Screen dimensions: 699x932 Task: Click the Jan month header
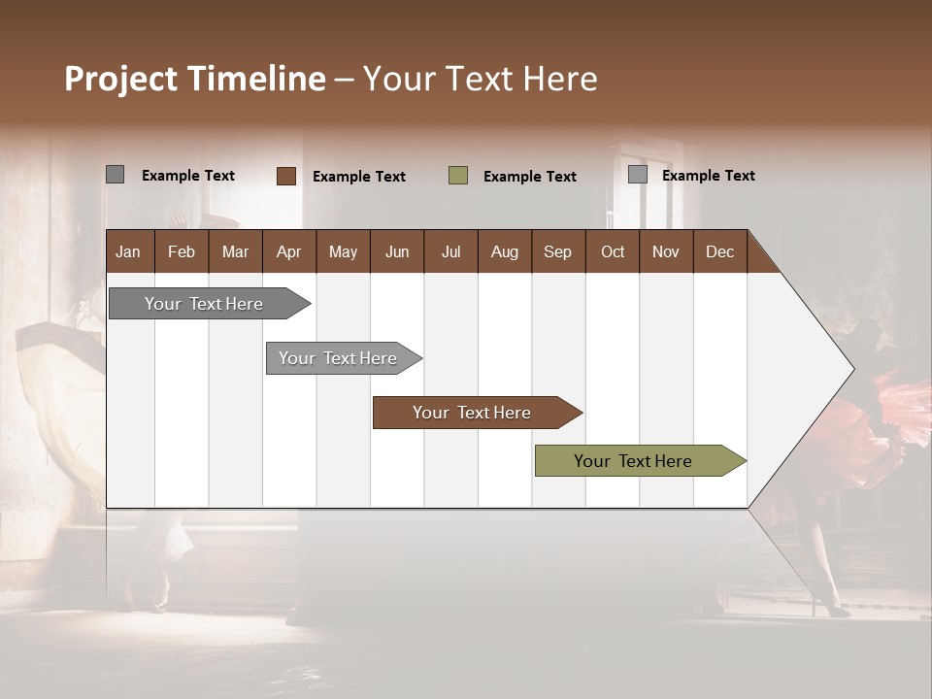(x=128, y=252)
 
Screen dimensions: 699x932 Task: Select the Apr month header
(x=288, y=252)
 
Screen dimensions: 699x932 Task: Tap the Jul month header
(x=450, y=252)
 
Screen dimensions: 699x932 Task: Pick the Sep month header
(x=557, y=252)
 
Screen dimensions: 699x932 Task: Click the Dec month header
(x=719, y=252)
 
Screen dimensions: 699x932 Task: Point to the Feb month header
(x=182, y=252)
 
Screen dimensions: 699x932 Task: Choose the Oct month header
(x=613, y=252)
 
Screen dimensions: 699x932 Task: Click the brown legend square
(x=285, y=176)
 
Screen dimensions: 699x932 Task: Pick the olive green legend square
(x=458, y=176)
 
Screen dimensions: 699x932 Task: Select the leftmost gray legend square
(x=115, y=175)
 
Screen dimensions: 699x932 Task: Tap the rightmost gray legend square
(x=638, y=175)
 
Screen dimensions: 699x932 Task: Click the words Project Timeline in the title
(x=194, y=79)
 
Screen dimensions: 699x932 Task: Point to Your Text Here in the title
(x=481, y=79)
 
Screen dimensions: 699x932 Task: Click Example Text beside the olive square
(x=530, y=177)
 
